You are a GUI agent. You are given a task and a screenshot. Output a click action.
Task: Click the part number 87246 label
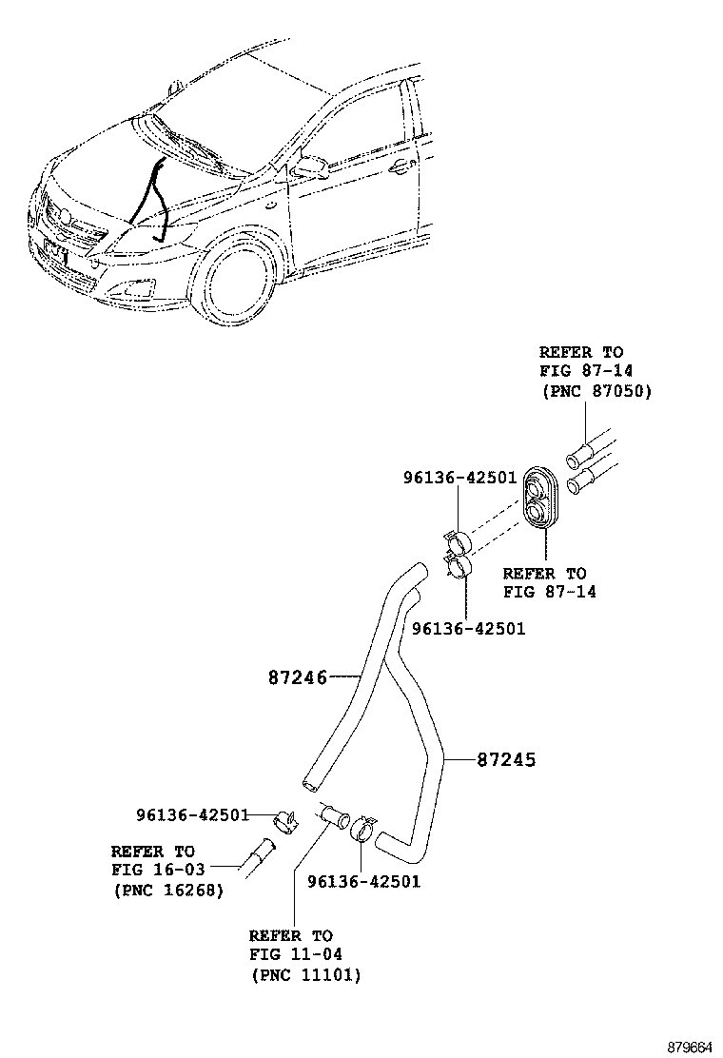tap(297, 678)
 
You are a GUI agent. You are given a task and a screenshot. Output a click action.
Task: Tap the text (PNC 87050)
tap(596, 391)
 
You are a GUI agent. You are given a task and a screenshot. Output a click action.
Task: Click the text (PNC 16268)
tap(167, 891)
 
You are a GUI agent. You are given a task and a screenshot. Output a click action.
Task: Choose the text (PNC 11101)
tap(305, 975)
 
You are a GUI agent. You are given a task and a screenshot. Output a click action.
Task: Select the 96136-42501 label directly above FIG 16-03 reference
tap(191, 815)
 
